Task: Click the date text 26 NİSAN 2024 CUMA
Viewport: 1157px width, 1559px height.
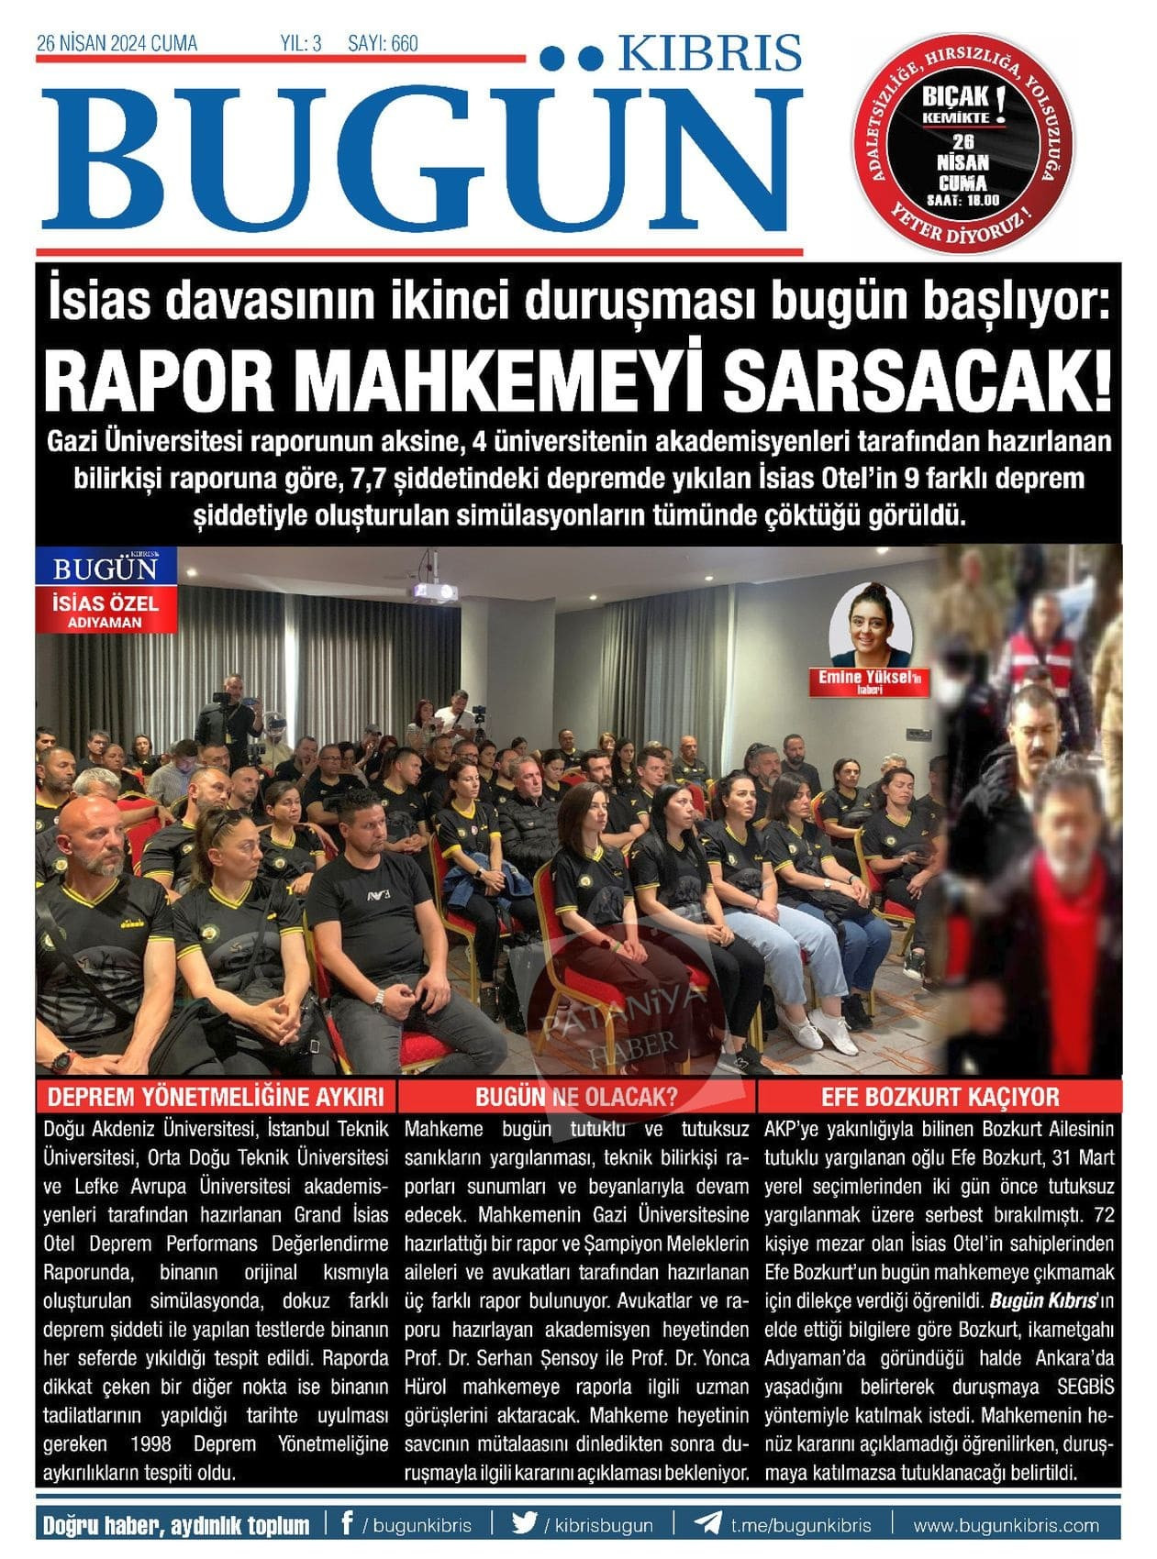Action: [117, 43]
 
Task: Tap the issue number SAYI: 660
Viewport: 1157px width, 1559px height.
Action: [383, 43]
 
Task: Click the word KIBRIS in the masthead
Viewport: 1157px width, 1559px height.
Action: [709, 54]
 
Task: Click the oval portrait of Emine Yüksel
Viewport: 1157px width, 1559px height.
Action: [870, 626]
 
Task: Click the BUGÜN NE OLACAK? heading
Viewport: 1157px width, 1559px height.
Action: [576, 1097]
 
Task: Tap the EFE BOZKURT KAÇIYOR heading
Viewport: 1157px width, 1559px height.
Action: [940, 1097]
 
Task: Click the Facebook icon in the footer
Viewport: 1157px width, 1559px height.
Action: [347, 1524]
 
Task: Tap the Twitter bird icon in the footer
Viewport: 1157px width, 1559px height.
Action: [525, 1524]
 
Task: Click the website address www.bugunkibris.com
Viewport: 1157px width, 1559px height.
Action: [1006, 1525]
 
